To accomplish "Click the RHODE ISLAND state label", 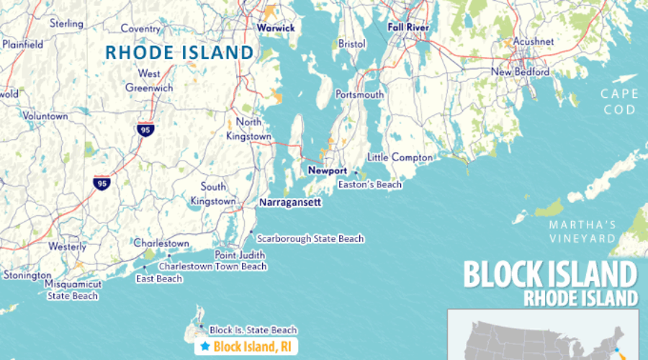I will coord(179,53).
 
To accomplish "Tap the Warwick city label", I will coord(276,28).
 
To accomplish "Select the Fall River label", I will coord(408,28).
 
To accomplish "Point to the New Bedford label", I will coord(521,72).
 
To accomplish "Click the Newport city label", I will coord(328,171).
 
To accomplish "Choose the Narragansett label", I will coord(289,203).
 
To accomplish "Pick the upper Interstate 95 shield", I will coord(145,130).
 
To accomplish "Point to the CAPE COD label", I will coord(621,102).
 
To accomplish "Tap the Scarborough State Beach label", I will coord(310,239).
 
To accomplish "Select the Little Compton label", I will coord(400,158).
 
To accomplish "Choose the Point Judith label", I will coord(240,255).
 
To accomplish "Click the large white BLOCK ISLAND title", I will coord(550,275).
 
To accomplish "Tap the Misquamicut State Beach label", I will coord(73,289).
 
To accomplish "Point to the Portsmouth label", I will coord(359,95).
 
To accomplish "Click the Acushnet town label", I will coord(533,42).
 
